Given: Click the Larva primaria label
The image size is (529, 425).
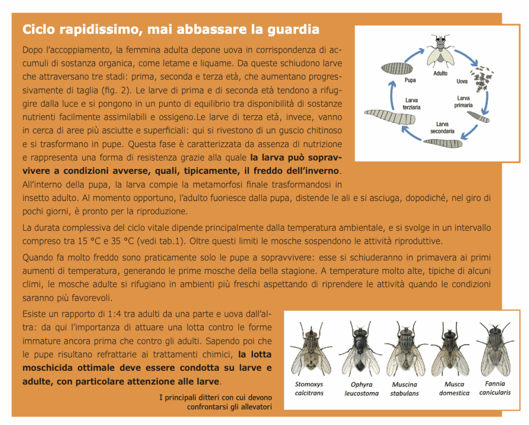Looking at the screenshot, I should pos(463,101).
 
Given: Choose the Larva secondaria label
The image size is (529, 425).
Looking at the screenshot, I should pos(442,128).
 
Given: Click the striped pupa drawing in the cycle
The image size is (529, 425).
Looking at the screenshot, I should pos(397,68).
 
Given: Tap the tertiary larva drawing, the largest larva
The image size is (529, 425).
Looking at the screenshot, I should pos(389,117).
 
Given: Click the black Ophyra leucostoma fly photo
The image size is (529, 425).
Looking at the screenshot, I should pos(360,349).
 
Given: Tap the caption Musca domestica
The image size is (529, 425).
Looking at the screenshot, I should pos(454,388).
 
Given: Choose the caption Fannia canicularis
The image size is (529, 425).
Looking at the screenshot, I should pos(495,388).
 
